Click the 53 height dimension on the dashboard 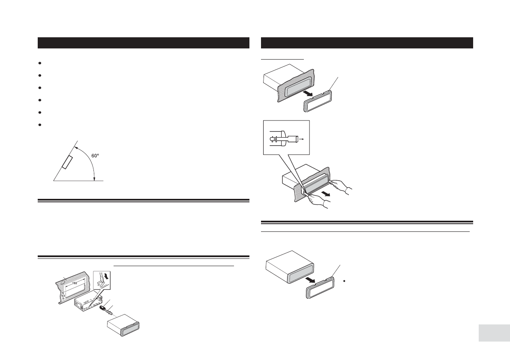[x=63, y=295]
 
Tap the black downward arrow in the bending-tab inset [x=106, y=276]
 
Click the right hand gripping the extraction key [x=343, y=187]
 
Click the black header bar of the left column [x=144, y=43]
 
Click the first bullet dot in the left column [x=39, y=63]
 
